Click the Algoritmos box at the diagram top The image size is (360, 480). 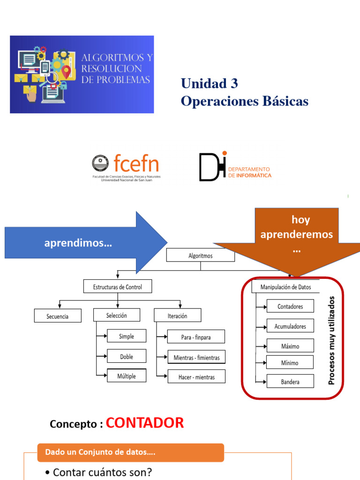point(201,255)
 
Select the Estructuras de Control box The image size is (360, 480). point(117,286)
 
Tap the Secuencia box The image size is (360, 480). point(58,316)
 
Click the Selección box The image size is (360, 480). point(117,315)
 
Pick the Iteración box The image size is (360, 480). point(177,315)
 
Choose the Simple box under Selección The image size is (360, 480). point(127,336)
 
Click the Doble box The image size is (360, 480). point(127,356)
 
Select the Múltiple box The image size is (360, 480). point(127,376)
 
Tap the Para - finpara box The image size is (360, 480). point(196,337)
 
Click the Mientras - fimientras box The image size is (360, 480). point(196,357)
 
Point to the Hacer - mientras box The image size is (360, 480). point(196,376)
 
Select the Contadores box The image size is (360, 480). point(290,307)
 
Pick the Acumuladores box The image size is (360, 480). point(290,326)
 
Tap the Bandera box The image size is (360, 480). point(290,382)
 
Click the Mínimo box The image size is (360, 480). point(290,362)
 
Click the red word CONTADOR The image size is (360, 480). point(145,423)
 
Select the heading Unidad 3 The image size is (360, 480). point(210,83)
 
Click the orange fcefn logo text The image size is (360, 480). point(136,164)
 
